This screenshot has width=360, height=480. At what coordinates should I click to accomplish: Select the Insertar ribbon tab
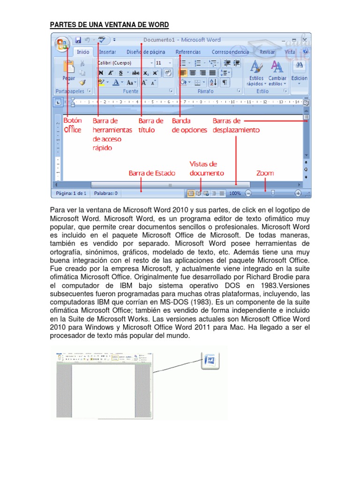[107, 52]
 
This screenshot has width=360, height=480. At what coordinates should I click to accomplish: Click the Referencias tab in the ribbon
[187, 52]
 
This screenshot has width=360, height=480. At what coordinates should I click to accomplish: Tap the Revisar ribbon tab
[267, 52]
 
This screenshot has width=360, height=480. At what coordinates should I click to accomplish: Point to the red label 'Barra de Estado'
[152, 173]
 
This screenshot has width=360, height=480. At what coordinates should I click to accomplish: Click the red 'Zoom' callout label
[265, 173]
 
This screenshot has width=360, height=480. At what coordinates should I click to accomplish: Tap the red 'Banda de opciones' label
[189, 126]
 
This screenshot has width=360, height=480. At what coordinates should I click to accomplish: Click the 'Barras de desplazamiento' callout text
[235, 126]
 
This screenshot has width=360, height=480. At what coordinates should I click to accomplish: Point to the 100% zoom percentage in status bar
[235, 193]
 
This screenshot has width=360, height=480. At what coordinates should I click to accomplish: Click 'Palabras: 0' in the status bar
[106, 193]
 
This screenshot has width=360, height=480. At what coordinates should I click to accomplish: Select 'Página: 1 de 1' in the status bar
[71, 193]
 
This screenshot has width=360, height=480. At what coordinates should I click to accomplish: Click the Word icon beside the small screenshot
[211, 360]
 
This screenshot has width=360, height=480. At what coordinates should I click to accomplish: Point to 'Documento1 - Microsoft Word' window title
[182, 40]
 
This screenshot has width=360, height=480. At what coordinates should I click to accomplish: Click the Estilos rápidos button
[256, 73]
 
